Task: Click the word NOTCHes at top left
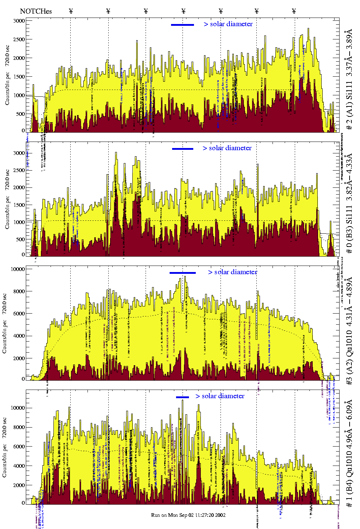point(36,11)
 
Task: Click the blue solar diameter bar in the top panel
point(183,25)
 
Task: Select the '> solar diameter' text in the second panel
point(227,148)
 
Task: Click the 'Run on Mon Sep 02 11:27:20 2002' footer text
point(188,515)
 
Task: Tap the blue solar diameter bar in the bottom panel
point(183,397)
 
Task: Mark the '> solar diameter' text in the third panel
point(232,272)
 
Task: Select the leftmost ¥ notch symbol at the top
point(71,11)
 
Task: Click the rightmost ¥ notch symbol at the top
point(294,11)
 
